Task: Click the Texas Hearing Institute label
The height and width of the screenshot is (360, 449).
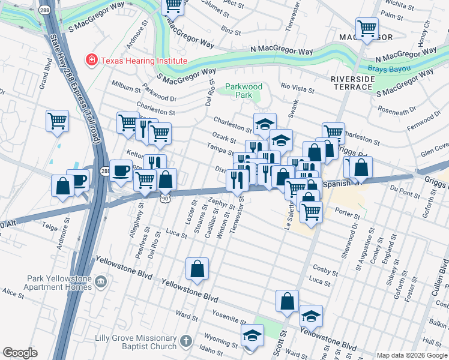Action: pos(143,60)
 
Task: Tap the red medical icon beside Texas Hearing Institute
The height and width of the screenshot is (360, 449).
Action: pos(91,60)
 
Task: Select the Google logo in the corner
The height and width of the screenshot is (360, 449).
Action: pos(20,353)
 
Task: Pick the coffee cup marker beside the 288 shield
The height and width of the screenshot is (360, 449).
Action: pos(121,170)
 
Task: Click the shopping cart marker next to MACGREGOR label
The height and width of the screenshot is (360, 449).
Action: pos(366,29)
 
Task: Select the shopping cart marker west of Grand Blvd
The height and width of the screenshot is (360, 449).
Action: pos(58,121)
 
